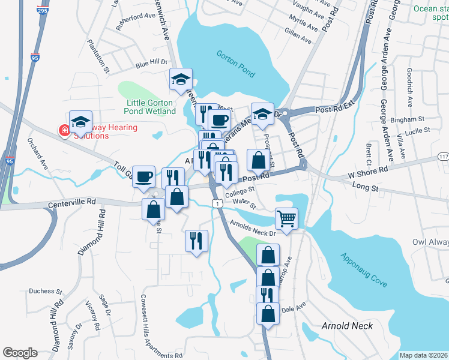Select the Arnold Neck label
(348, 326)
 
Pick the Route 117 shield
(444, 157)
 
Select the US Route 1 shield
(214, 205)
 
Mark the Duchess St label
(46, 291)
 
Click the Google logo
(20, 353)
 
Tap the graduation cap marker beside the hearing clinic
(80, 121)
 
